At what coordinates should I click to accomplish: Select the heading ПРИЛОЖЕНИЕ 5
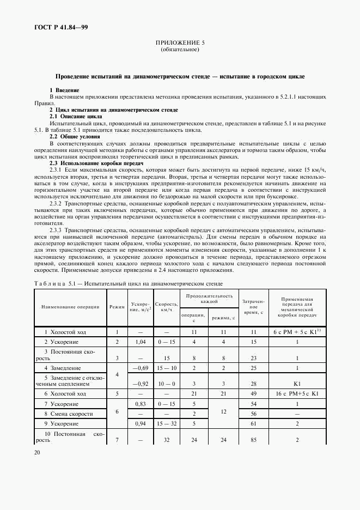pos(180,42)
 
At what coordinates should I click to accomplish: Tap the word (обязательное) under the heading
pos(180,49)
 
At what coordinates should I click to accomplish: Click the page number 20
pos(38,452)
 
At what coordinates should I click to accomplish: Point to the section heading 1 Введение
pos(64,89)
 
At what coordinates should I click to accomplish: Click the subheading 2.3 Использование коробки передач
pos(96,163)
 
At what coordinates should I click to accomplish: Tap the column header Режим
pos(117,307)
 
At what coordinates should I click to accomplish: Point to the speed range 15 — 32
pos(166,423)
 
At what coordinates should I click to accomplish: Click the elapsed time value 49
pos(253,393)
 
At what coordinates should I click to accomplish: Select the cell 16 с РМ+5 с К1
pos(297,393)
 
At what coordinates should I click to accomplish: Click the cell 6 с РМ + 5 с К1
pos(296,331)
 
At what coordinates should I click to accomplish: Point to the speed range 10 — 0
pos(166,384)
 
